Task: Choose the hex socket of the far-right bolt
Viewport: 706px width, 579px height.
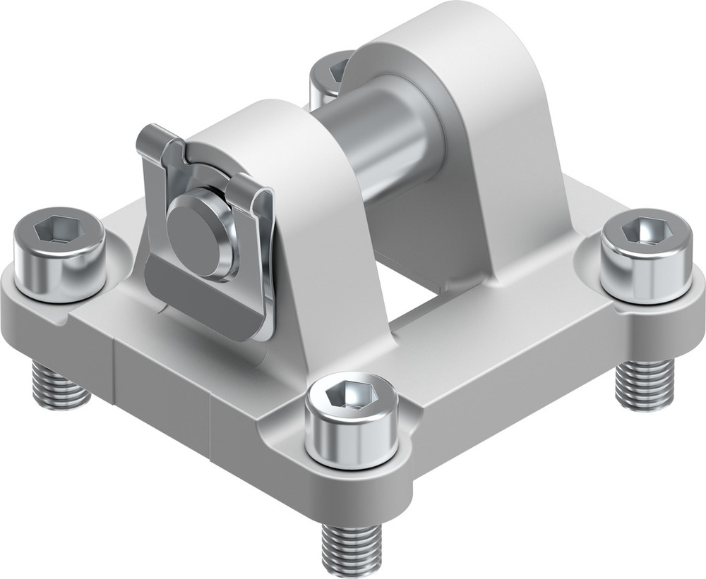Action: [648, 231]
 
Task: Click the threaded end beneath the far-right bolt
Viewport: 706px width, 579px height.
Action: [642, 384]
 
